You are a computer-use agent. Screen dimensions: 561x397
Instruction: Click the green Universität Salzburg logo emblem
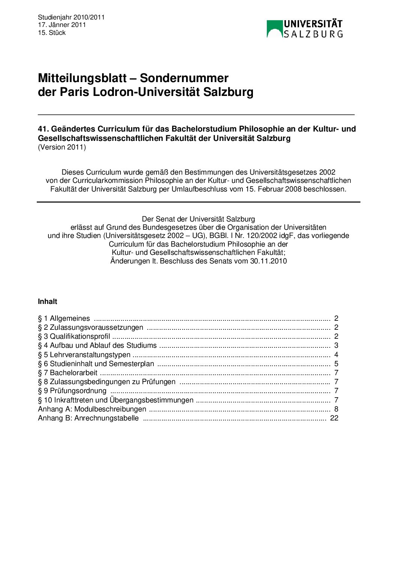pos(274,29)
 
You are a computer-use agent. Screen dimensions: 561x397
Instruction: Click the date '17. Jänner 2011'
pos(62,25)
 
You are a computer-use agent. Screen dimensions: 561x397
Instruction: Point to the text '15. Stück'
pos(52,33)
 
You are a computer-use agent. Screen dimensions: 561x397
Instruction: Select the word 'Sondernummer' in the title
pos(184,78)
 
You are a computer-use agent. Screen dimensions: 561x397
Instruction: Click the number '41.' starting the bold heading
pos(43,129)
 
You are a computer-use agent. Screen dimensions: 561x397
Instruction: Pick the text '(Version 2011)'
pos(62,147)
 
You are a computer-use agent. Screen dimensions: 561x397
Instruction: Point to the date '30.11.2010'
pos(268,261)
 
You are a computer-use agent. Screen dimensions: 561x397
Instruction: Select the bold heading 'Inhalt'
pos(48,301)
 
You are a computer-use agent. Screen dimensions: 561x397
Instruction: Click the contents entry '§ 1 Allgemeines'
pos(64,318)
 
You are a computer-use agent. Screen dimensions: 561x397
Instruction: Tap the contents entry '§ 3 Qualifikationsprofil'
pos(74,336)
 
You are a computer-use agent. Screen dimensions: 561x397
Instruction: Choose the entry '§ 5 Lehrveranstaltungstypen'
pos(84,355)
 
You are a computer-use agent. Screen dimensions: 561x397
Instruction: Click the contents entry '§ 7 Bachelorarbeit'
pos(68,373)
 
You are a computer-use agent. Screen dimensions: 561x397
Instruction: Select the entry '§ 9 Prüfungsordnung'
pos(72,390)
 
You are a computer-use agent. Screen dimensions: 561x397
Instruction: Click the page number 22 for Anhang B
pos(334,418)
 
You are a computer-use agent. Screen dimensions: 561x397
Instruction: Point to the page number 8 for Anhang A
pos(336,409)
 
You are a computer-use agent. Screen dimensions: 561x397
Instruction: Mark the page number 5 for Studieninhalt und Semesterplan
pos(336,364)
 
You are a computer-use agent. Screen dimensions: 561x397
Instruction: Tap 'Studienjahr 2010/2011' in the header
pos(71,17)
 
